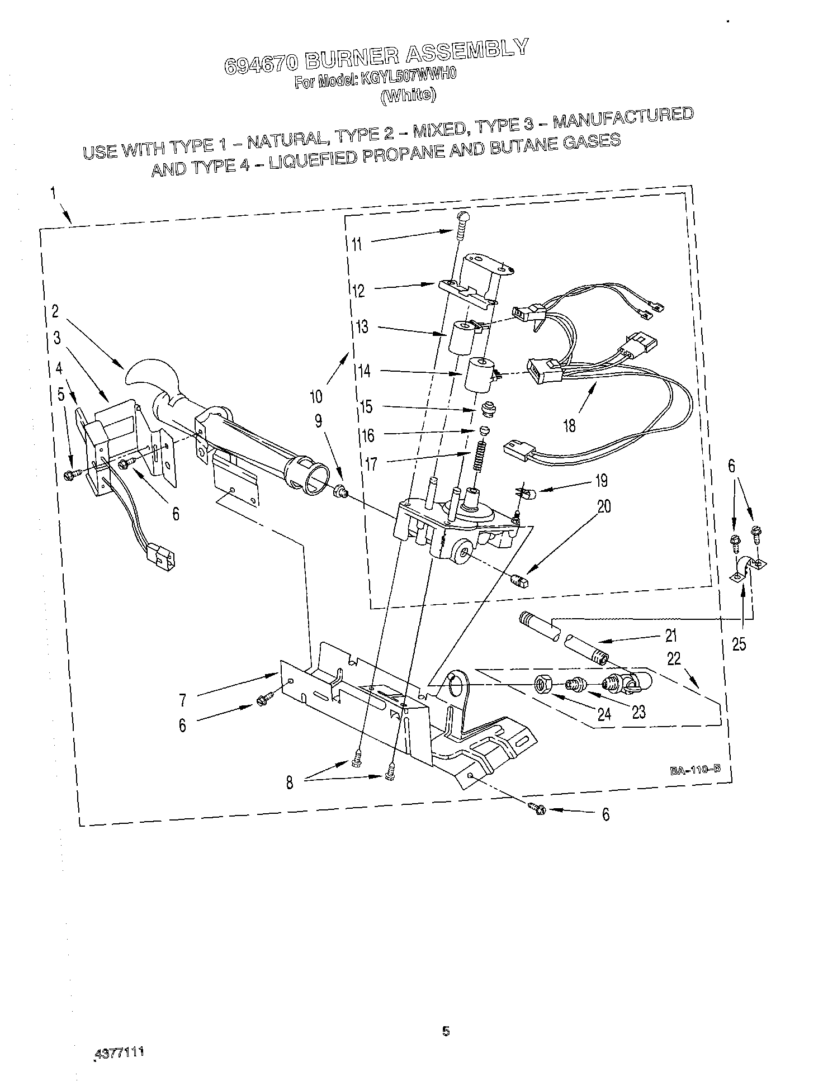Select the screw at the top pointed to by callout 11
[x=462, y=223]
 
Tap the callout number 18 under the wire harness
[x=569, y=426]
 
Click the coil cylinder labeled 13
[x=462, y=336]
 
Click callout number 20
[x=604, y=507]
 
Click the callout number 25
[x=739, y=644]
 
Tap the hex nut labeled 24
[x=542, y=684]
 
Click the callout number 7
[x=183, y=700]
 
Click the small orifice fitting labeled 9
[x=339, y=492]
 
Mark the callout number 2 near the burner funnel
[x=55, y=311]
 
